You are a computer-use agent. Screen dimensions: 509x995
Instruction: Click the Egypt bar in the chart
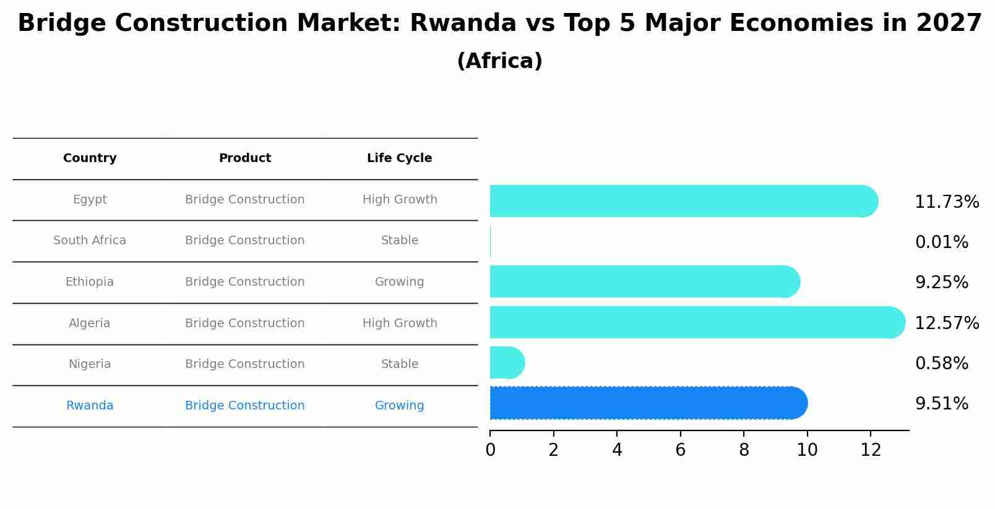tap(681, 201)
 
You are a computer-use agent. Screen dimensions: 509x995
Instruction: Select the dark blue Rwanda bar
tap(647, 403)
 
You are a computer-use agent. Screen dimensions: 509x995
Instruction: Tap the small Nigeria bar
tap(506, 363)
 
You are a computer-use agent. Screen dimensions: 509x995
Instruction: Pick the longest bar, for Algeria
tap(696, 322)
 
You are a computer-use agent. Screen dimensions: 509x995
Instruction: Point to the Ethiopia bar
tap(644, 281)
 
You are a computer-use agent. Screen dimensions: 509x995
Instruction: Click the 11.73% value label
tap(946, 202)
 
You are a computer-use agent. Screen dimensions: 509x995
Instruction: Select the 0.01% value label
tap(941, 242)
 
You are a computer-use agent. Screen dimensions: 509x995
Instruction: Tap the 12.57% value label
tap(946, 323)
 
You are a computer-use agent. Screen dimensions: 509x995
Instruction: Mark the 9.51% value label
tap(941, 404)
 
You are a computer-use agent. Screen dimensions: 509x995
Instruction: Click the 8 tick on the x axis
tap(744, 450)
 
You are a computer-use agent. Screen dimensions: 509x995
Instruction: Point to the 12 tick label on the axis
tap(871, 450)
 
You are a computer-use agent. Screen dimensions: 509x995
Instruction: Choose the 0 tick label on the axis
tap(490, 450)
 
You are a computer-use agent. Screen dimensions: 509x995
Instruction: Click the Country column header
tap(90, 158)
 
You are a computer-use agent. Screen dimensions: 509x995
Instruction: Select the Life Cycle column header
tap(399, 158)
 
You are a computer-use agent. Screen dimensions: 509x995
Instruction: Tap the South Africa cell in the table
tap(90, 241)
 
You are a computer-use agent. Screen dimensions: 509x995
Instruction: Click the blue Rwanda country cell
tap(90, 406)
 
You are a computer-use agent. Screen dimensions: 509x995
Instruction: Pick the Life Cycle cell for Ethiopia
tap(399, 282)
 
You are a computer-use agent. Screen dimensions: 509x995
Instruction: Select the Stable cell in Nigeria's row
tap(399, 364)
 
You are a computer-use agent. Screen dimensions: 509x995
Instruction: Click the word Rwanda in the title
tap(463, 24)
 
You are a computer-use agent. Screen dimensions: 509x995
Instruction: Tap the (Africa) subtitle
tap(499, 61)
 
